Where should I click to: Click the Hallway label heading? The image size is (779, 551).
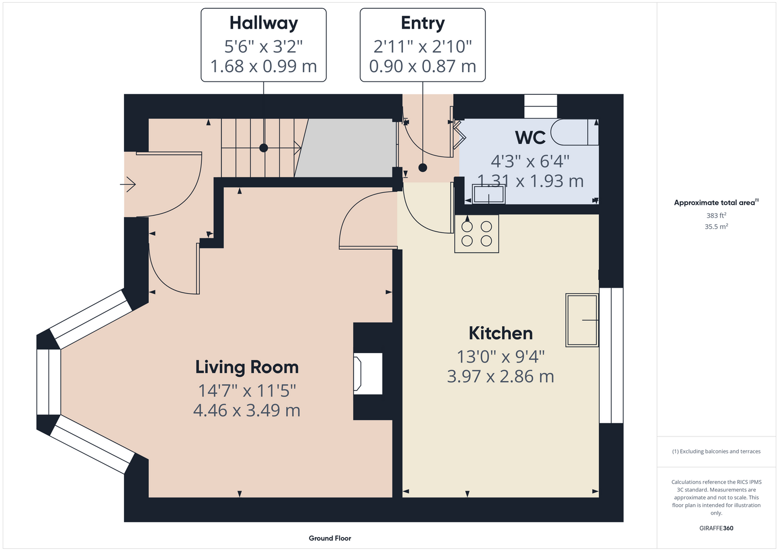pyautogui.click(x=264, y=23)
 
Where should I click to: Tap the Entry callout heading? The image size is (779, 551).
pyautogui.click(x=422, y=23)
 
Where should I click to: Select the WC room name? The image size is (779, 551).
pyautogui.click(x=530, y=137)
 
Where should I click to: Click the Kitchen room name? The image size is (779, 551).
pyautogui.click(x=501, y=333)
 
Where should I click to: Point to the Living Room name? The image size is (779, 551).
pyautogui.click(x=247, y=368)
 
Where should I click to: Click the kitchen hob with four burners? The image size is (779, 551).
pyautogui.click(x=476, y=234)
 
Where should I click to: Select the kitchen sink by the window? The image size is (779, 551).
pyautogui.click(x=582, y=320)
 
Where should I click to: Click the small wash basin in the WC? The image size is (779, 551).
pyautogui.click(x=488, y=194)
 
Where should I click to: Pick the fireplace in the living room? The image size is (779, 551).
pyautogui.click(x=368, y=374)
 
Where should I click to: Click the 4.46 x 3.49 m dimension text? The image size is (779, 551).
pyautogui.click(x=247, y=410)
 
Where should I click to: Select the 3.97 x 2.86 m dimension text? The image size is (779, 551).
pyautogui.click(x=501, y=376)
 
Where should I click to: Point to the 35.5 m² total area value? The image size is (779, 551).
pyautogui.click(x=716, y=226)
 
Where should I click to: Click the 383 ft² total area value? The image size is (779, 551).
pyautogui.click(x=716, y=215)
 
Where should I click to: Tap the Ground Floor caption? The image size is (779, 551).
pyautogui.click(x=330, y=538)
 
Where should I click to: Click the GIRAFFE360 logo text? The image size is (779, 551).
pyautogui.click(x=716, y=528)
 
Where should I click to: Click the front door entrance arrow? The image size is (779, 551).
pyautogui.click(x=128, y=184)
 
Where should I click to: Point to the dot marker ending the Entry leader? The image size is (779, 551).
pyautogui.click(x=422, y=168)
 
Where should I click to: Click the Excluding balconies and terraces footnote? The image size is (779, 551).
pyautogui.click(x=716, y=451)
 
